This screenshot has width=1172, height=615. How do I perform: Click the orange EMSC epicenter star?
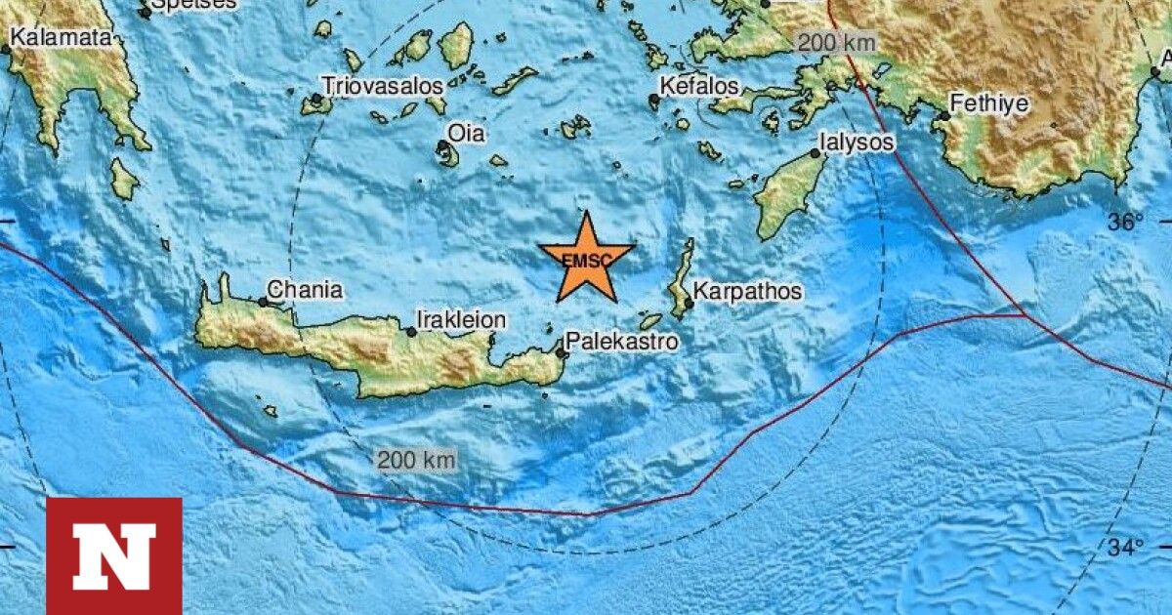(585, 259)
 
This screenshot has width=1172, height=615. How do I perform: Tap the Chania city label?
(305, 290)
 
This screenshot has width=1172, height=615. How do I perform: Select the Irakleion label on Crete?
(462, 319)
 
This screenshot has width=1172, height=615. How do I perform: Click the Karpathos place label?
(748, 291)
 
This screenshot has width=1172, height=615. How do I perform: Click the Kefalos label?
(699, 86)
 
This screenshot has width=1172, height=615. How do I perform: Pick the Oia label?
(466, 134)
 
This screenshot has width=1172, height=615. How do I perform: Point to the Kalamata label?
(62, 37)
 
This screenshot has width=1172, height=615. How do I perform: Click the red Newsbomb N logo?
(114, 555)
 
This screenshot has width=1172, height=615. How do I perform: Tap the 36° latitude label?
(1125, 222)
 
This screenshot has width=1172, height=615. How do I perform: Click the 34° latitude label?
(1125, 548)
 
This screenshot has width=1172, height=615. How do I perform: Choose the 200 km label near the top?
(836, 43)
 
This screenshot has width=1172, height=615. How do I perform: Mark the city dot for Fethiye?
(944, 116)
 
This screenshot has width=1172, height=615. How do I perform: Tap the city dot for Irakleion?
(411, 332)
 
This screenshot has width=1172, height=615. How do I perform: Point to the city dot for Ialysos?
(815, 153)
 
